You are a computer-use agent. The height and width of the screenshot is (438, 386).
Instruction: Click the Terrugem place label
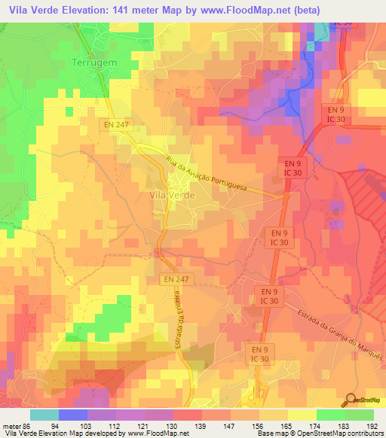pyautogui.click(x=94, y=63)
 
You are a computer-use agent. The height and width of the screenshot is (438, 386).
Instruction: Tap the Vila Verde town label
pyautogui.click(x=173, y=194)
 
